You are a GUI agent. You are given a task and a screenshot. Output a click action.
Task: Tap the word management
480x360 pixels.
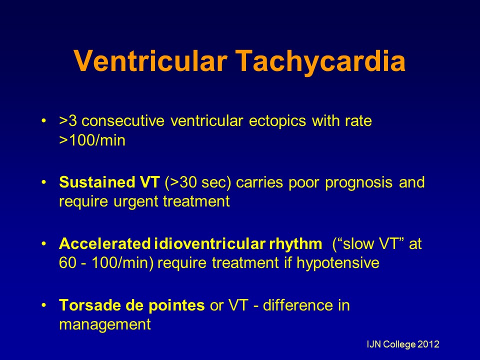tap(104, 324)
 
